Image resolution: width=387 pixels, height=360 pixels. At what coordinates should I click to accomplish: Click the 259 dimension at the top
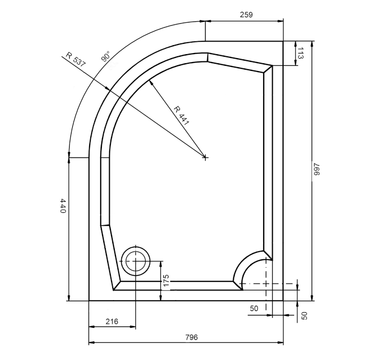click(246, 15)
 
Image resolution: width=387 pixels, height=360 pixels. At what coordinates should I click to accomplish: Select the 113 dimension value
click(300, 53)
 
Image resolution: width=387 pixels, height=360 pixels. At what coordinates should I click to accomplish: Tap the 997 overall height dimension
click(316, 169)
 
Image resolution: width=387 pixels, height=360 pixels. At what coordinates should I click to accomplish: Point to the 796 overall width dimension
click(191, 337)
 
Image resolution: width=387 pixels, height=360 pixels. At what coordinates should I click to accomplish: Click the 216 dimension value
click(112, 321)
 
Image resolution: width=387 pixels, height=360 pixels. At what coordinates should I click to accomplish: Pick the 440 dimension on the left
click(63, 206)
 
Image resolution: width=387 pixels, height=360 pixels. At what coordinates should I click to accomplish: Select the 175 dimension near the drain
click(166, 280)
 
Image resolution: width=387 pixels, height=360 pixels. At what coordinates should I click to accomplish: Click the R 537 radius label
click(76, 60)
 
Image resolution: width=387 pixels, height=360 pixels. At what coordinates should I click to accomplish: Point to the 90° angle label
click(105, 56)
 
